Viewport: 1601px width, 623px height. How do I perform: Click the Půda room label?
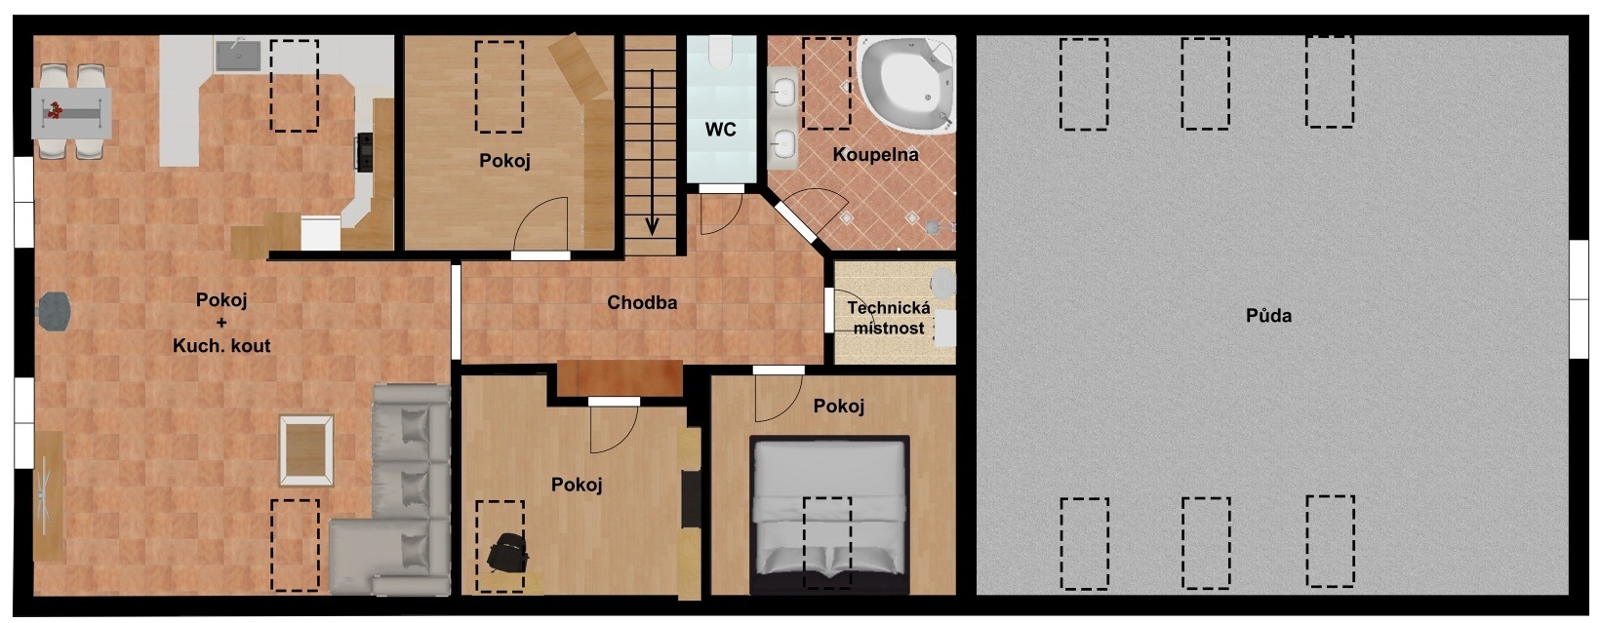click(x=1268, y=315)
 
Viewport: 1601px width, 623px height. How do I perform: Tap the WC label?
click(x=720, y=130)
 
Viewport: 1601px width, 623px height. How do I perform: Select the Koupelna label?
click(x=875, y=154)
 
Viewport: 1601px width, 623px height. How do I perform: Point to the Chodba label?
click(x=642, y=303)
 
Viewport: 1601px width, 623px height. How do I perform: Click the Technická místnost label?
click(x=889, y=318)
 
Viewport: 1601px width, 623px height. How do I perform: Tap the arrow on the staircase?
click(x=652, y=152)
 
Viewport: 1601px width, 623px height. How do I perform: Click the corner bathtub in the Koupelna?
click(x=907, y=84)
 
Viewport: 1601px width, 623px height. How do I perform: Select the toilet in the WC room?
click(x=720, y=52)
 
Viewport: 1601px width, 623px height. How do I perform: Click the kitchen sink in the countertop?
click(x=239, y=56)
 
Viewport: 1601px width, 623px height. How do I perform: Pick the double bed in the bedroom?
click(x=830, y=515)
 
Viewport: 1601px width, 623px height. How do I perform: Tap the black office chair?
click(x=508, y=552)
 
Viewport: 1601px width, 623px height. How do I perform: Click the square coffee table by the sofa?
click(x=306, y=450)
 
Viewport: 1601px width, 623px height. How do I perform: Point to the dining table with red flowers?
click(x=71, y=113)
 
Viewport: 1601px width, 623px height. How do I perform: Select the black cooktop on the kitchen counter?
click(x=365, y=151)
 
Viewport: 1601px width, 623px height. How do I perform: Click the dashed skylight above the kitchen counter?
click(x=295, y=85)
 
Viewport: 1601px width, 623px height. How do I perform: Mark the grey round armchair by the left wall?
click(x=55, y=312)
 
